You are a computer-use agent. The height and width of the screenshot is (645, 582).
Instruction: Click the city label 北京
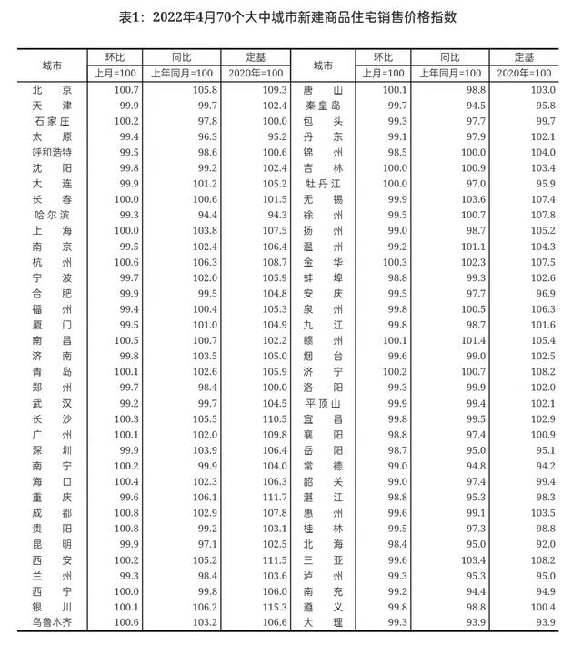coord(52,91)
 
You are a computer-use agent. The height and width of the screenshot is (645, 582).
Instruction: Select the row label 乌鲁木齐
coord(52,622)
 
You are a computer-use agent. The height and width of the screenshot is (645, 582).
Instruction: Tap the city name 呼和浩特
coord(52,152)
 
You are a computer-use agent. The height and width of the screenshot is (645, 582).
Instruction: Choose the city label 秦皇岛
coord(322,106)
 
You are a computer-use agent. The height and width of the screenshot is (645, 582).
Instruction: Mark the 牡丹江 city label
coord(322,182)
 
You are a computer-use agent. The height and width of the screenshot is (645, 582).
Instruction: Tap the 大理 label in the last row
coord(322,622)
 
